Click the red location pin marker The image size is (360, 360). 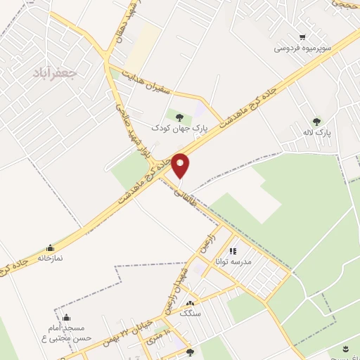(180, 166)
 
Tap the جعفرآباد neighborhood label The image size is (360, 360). (54, 72)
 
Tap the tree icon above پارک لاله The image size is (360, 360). (316, 121)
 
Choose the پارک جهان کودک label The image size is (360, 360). (181, 128)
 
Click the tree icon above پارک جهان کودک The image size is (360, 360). (181, 117)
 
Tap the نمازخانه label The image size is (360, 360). (50, 258)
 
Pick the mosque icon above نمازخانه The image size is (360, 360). (50, 247)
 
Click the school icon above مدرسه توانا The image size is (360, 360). (233, 250)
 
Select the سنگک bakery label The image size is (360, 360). (190, 314)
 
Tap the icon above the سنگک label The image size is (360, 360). (190, 303)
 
